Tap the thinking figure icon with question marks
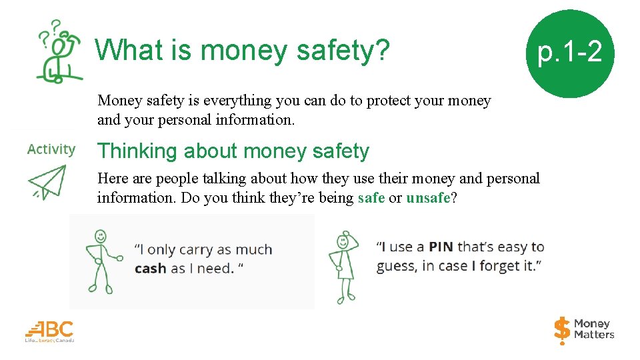coord(58,52)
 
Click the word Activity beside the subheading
coord(51,149)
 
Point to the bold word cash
coord(150,269)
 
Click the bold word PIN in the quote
coord(441,247)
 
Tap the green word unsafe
coord(428,198)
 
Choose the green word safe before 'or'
coord(371,198)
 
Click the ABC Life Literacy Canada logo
coord(50,331)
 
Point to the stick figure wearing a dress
coord(344,267)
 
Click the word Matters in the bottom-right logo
coord(594,335)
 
